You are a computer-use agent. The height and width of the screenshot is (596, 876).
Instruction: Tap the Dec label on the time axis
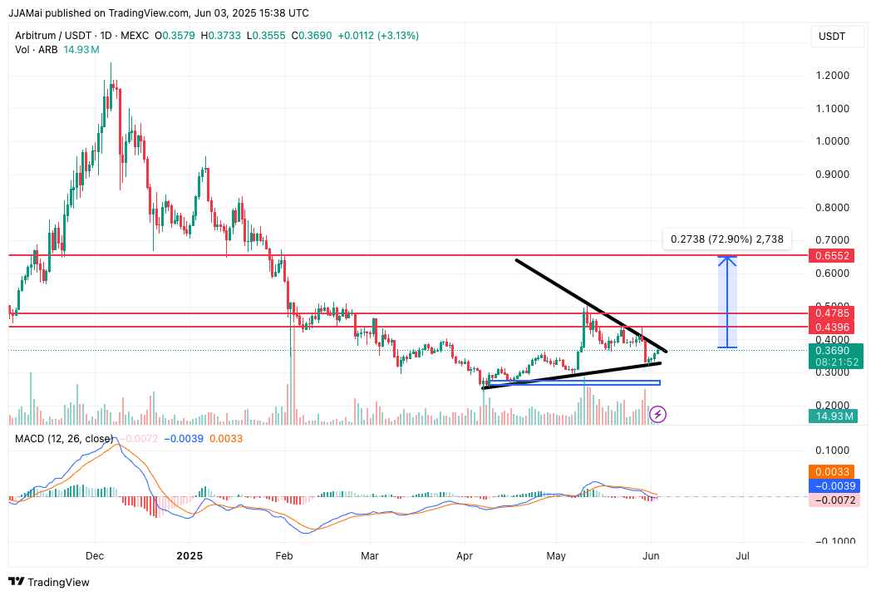pos(94,555)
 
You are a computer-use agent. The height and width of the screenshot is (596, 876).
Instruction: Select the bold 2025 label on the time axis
pos(189,555)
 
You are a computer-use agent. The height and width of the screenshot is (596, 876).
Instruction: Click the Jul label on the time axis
pos(743,555)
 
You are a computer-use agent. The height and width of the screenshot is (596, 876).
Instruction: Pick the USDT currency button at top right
pos(832,36)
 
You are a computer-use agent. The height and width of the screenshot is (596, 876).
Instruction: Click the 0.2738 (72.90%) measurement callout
pos(727,239)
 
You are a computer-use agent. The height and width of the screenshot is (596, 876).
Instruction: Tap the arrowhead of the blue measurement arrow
pos(727,259)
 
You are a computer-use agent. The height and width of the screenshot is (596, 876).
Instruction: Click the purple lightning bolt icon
pos(657,413)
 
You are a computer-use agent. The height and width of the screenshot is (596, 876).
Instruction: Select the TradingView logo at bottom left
pos(49,582)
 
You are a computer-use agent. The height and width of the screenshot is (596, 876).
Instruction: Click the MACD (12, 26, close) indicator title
pos(63,438)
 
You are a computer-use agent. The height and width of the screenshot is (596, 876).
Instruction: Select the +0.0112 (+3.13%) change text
pos(377,36)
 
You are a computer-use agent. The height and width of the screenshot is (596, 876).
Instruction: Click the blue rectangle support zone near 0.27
pos(574,382)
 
